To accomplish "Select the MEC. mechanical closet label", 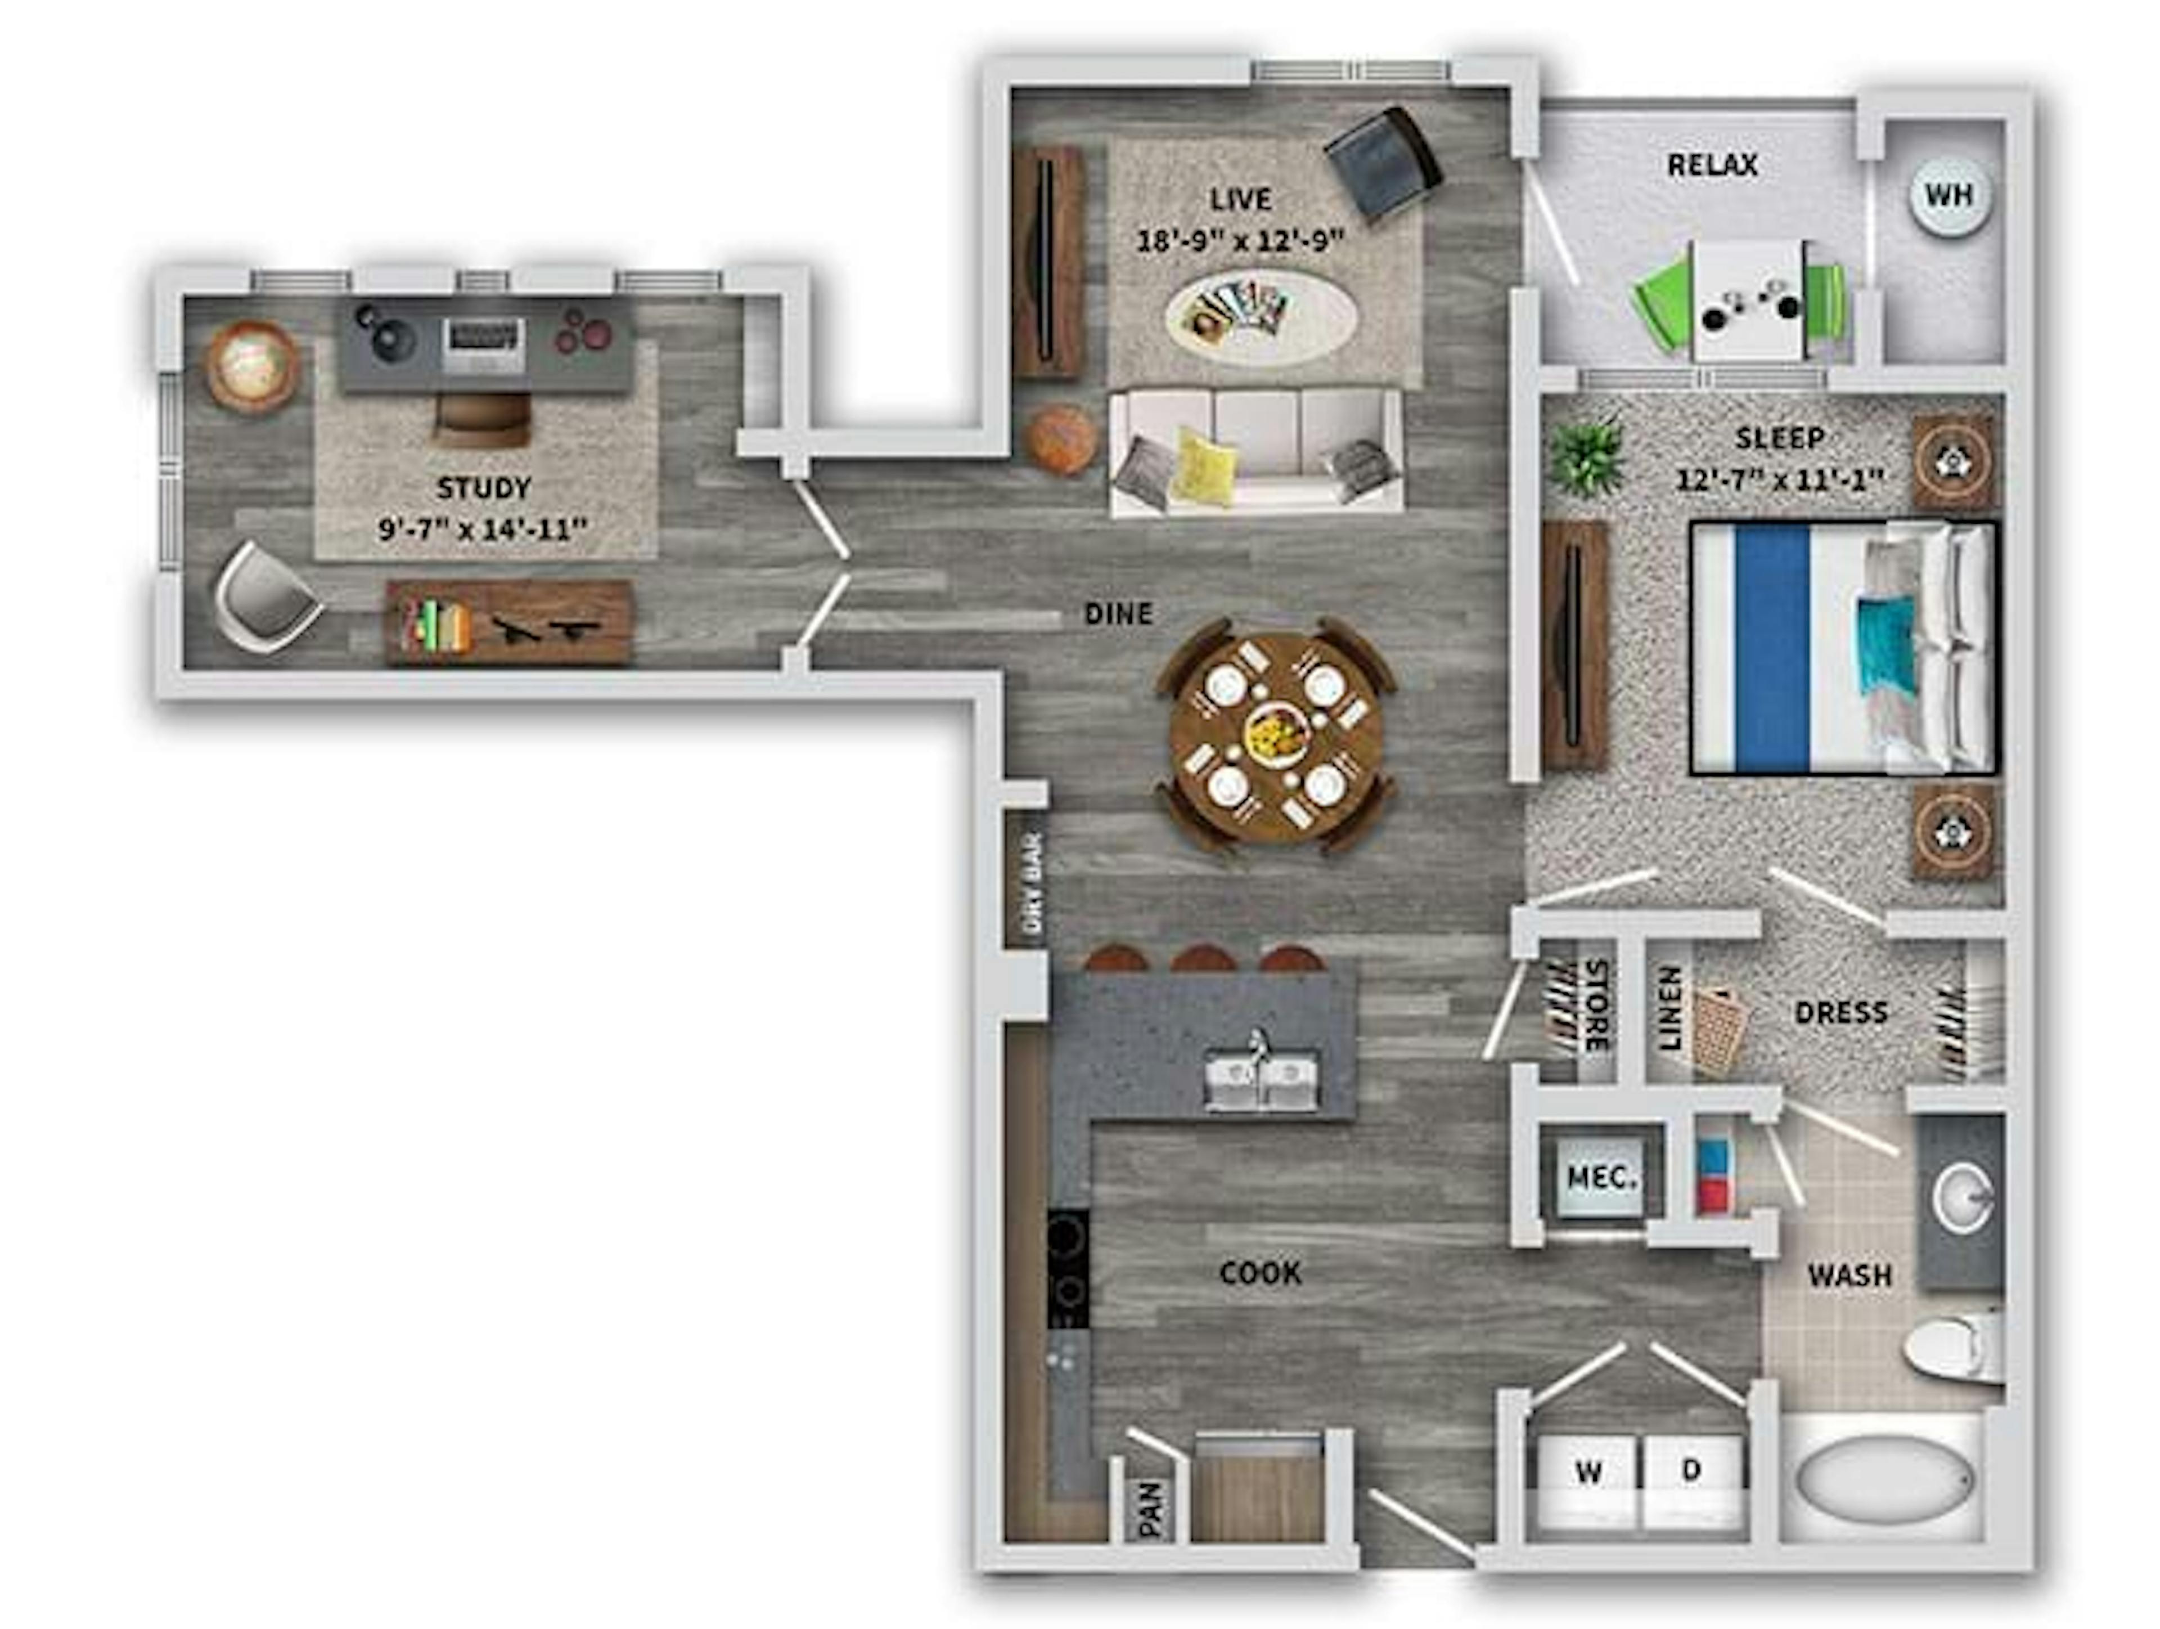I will click(x=1600, y=1178).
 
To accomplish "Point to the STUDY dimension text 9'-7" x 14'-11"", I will click(x=483, y=529).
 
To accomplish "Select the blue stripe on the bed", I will click(x=1772, y=649).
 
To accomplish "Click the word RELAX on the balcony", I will click(x=1712, y=165).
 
